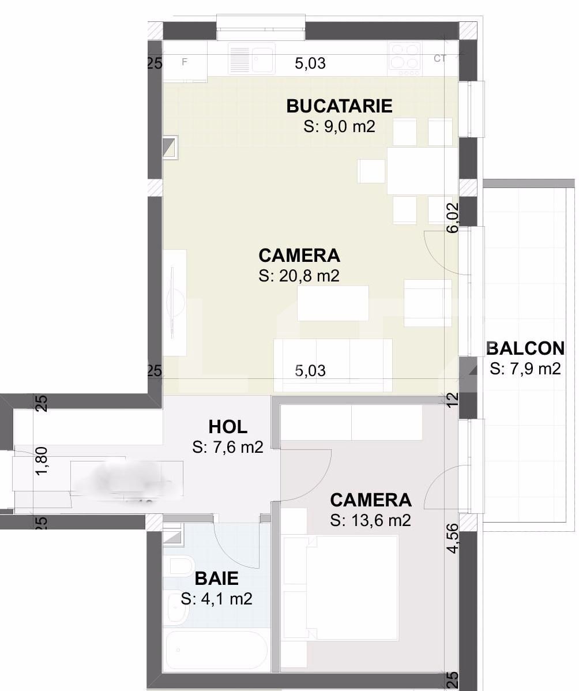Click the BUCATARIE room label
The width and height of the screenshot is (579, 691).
[339, 106]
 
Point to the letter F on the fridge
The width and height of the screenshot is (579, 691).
[185, 62]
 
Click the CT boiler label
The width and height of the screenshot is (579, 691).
[441, 58]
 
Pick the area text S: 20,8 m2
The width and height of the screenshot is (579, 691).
[299, 276]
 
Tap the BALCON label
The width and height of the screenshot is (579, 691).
[525, 348]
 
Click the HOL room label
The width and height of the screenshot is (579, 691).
[228, 427]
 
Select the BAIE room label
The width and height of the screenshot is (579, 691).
[216, 578]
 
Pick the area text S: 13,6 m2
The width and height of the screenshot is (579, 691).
[370, 520]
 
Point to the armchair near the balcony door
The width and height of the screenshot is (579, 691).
[427, 303]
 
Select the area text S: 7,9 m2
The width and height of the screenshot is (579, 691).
[525, 369]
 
